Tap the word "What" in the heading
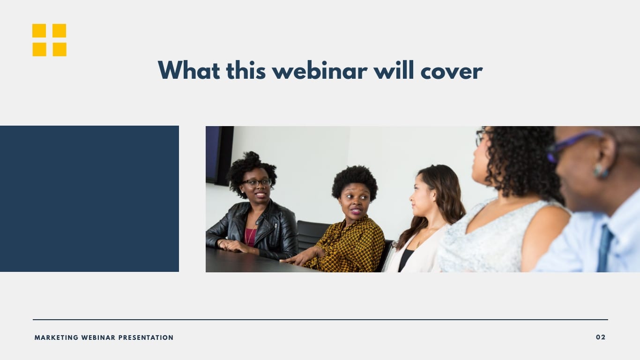coord(189,71)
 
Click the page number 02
coord(601,337)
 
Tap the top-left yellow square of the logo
coord(39,30)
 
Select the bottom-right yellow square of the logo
coord(60,49)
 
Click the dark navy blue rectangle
coord(89,199)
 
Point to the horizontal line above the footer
coord(320,320)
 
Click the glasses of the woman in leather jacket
coord(257,183)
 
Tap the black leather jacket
coord(276,230)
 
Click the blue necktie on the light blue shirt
coord(604,248)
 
